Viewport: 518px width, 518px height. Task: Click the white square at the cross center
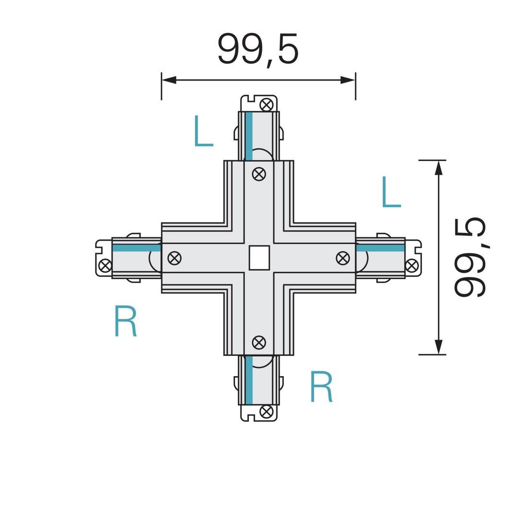259,258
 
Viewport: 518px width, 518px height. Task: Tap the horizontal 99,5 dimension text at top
258,49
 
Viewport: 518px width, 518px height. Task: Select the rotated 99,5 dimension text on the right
470,258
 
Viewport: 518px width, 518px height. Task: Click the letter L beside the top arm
203,131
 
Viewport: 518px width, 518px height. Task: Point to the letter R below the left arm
125,321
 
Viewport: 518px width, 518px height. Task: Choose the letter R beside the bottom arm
321,386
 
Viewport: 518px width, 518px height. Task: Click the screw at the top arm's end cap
267,105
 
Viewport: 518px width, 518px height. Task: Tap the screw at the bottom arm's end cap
266,412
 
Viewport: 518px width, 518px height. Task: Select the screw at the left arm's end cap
106,265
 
